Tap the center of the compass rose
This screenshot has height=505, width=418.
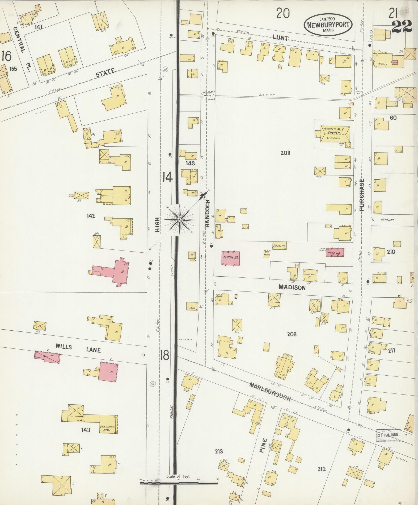tap(180, 220)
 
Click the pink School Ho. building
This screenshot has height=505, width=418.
tap(231, 258)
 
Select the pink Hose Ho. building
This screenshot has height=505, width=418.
tap(335, 252)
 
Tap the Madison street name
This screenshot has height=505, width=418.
tap(292, 288)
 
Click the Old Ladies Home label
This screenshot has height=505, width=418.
tap(107, 429)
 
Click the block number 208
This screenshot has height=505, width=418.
tap(285, 153)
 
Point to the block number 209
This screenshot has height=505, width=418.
tap(292, 334)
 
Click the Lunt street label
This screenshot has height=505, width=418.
tap(280, 38)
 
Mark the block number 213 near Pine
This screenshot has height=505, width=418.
tap(219, 451)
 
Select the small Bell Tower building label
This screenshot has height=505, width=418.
tap(267, 254)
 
